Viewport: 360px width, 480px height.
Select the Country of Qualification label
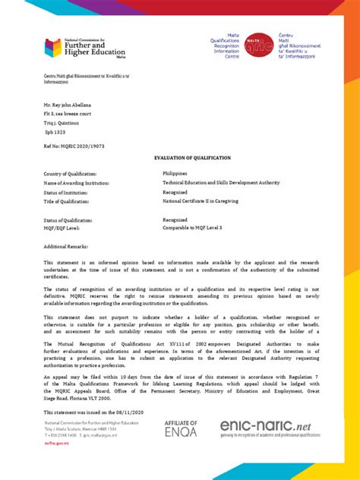[x=72, y=174]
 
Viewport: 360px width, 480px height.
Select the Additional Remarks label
[x=67, y=247]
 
